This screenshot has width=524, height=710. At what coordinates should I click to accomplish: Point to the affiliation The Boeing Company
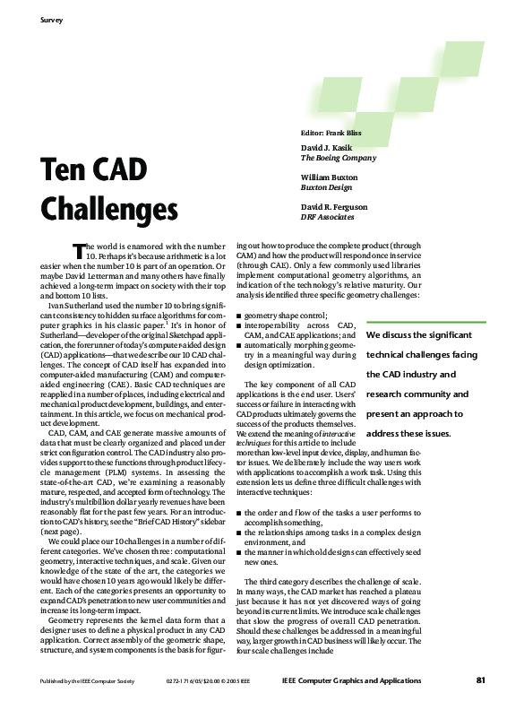click(339, 158)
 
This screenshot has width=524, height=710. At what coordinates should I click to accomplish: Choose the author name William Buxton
click(330, 177)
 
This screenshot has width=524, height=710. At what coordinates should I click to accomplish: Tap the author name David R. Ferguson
click(334, 207)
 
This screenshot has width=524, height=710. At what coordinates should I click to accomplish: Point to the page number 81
click(480, 680)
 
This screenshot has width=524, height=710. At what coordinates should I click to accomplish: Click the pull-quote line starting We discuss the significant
click(419, 334)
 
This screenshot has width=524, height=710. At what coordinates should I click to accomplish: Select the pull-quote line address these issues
click(408, 433)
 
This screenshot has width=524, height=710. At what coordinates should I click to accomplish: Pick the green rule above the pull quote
click(426, 317)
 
